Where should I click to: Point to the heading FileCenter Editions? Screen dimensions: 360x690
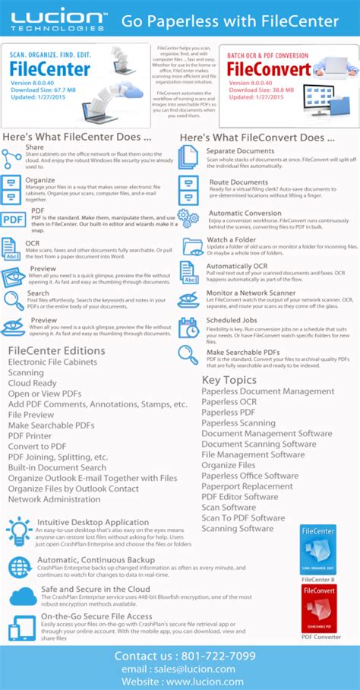[56, 350]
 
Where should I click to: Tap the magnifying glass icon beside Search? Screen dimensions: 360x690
[13, 300]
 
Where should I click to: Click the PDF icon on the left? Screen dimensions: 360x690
[13, 220]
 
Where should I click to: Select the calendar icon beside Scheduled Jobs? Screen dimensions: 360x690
[187, 328]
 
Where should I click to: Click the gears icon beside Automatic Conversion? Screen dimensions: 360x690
[187, 218]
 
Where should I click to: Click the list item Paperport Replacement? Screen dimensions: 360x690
[247, 486]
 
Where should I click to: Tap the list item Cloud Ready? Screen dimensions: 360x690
[33, 383]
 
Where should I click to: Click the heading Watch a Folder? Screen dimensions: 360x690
[231, 239]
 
